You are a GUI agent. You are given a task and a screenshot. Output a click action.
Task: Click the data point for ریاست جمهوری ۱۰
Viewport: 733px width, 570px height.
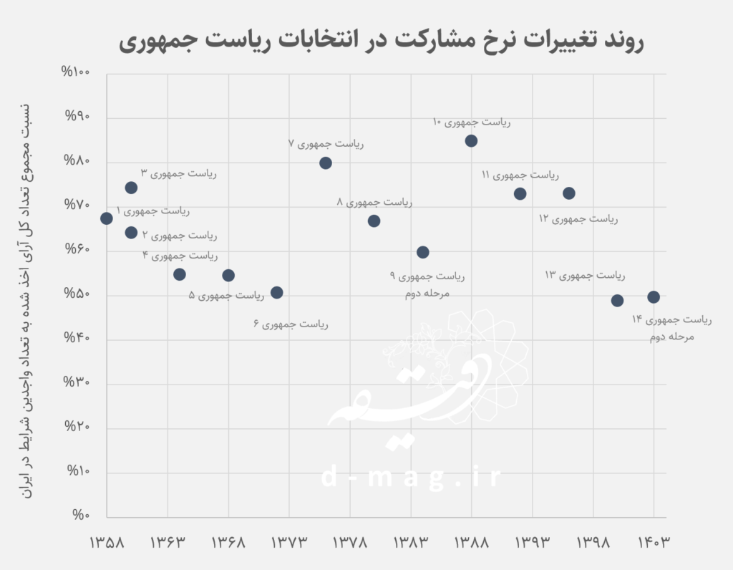[471, 141]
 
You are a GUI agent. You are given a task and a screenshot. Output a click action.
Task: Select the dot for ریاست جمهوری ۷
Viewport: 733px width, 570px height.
[326, 163]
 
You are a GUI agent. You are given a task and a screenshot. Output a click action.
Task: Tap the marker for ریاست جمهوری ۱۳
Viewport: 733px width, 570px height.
[617, 301]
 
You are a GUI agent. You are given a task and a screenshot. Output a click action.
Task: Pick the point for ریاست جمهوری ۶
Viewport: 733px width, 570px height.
[277, 293]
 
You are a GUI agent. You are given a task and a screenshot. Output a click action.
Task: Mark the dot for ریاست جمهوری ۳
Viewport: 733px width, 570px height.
[131, 188]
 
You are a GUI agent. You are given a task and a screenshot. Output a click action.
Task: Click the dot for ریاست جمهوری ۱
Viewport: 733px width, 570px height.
[107, 218]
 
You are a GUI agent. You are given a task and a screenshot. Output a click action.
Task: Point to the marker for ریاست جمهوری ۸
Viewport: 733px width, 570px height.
[374, 221]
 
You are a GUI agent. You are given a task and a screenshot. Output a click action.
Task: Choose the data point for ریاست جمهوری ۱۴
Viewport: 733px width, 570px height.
[654, 297]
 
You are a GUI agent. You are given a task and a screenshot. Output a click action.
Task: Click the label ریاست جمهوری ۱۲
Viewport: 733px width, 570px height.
[578, 218]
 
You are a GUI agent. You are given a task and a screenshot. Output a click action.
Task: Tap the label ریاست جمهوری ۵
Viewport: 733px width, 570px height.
[227, 295]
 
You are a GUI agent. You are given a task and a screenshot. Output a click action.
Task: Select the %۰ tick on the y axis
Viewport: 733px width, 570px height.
[80, 517]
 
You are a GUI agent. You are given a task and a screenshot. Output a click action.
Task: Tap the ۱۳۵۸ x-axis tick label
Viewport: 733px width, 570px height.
[107, 543]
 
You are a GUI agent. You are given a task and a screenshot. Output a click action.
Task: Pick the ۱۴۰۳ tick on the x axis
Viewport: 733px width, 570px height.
[653, 543]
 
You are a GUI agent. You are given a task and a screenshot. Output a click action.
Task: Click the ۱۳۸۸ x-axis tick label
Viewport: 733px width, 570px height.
[471, 543]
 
